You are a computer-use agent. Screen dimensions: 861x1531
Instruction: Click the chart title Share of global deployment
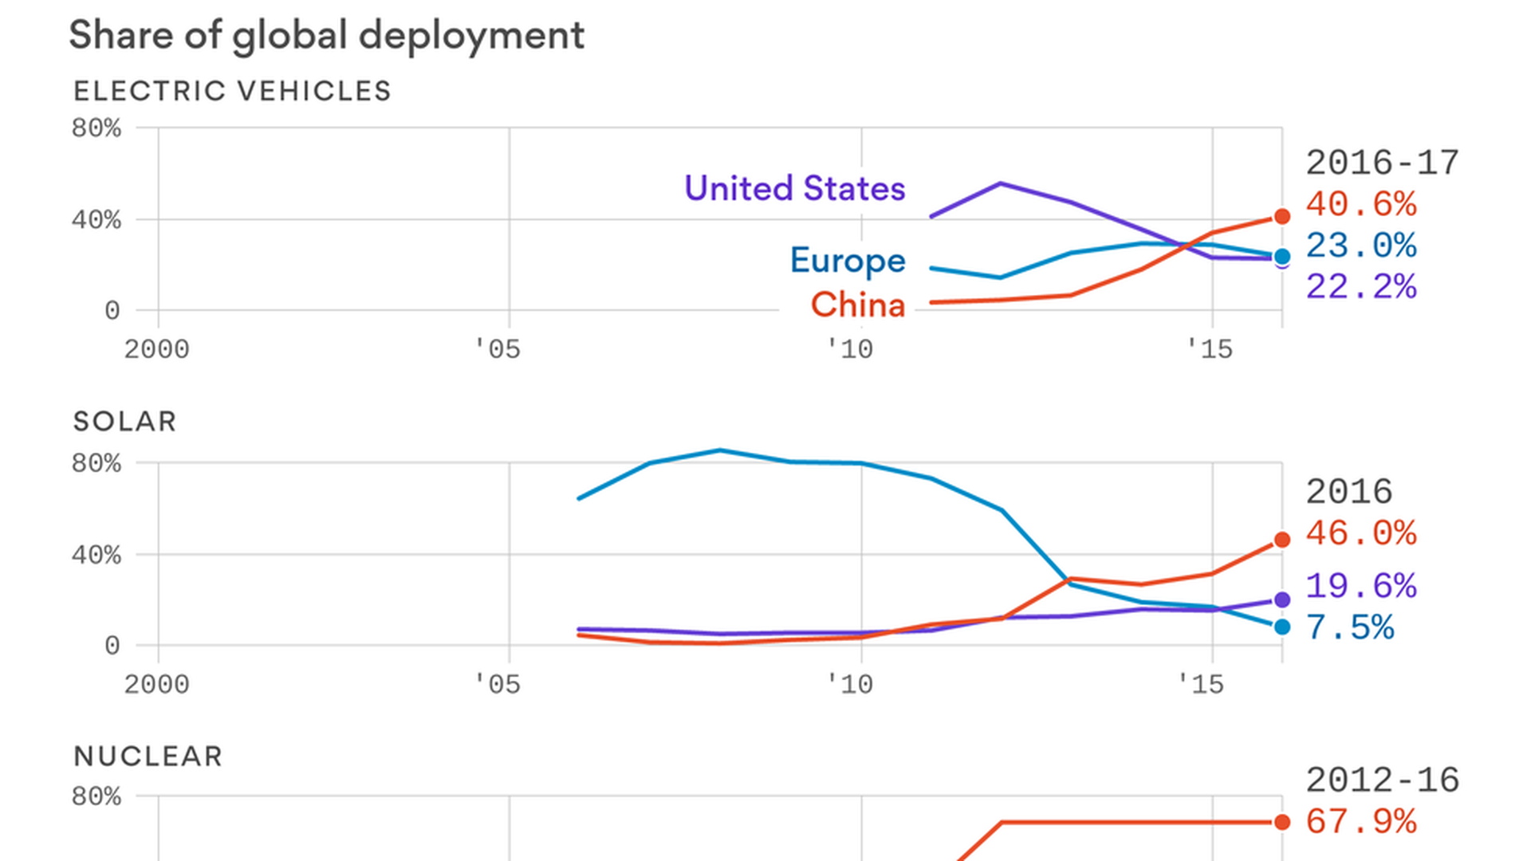(x=326, y=36)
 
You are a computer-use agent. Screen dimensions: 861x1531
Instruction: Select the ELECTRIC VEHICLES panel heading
(x=232, y=91)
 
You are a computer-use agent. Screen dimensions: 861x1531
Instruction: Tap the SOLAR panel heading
(x=124, y=421)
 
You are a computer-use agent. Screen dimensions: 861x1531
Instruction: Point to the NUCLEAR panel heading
(x=148, y=756)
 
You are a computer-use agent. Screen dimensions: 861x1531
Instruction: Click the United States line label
(x=794, y=188)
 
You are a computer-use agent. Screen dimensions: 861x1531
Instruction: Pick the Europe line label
(x=848, y=261)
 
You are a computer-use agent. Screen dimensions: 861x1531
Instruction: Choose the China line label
(x=858, y=305)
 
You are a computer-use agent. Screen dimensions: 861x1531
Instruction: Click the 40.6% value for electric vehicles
(x=1361, y=204)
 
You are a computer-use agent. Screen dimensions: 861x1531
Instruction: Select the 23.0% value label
(x=1361, y=246)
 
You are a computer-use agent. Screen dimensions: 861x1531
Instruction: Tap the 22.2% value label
(x=1361, y=287)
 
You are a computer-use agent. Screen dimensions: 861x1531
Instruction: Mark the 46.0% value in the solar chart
(x=1361, y=533)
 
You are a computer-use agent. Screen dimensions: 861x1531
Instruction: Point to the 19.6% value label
(x=1361, y=586)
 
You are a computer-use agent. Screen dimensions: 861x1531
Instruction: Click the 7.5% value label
(x=1350, y=627)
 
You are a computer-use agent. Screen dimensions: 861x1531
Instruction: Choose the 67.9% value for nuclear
(x=1361, y=822)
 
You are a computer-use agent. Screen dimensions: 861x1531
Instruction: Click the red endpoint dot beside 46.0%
(x=1282, y=540)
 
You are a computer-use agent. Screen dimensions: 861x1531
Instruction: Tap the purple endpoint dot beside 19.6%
(x=1282, y=600)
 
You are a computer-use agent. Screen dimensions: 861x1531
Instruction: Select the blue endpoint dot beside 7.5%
(x=1282, y=627)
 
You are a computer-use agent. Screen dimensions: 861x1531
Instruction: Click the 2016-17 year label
(x=1382, y=163)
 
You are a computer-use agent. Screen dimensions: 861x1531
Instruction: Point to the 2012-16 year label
(x=1382, y=780)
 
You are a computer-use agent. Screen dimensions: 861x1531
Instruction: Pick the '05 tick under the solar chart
(x=497, y=684)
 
